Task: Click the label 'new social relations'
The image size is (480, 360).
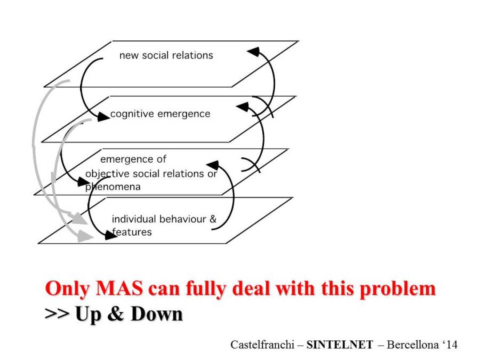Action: point(166,55)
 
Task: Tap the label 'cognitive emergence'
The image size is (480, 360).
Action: point(160,114)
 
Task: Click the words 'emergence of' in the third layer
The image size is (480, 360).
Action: point(133,159)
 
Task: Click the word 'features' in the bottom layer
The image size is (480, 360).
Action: point(133,232)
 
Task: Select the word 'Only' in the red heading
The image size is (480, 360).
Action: point(65,289)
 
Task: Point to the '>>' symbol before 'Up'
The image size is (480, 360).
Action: point(57,314)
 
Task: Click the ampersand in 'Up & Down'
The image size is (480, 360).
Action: point(114,314)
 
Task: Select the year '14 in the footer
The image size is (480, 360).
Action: point(448,345)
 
